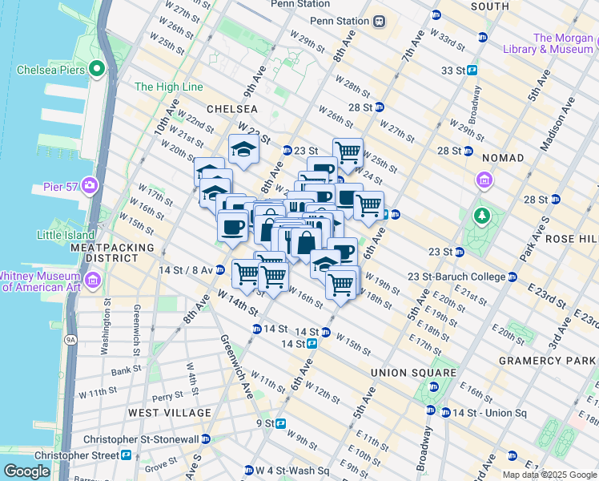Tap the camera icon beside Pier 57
tap(89, 187)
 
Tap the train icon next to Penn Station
tap(379, 22)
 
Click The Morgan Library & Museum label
tap(564, 43)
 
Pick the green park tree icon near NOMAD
tap(482, 215)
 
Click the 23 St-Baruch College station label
tap(456, 278)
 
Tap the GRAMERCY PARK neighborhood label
tap(548, 361)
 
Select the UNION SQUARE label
tap(413, 373)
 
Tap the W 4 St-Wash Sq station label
tap(292, 470)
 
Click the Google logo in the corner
tap(26, 471)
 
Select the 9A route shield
tap(70, 340)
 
